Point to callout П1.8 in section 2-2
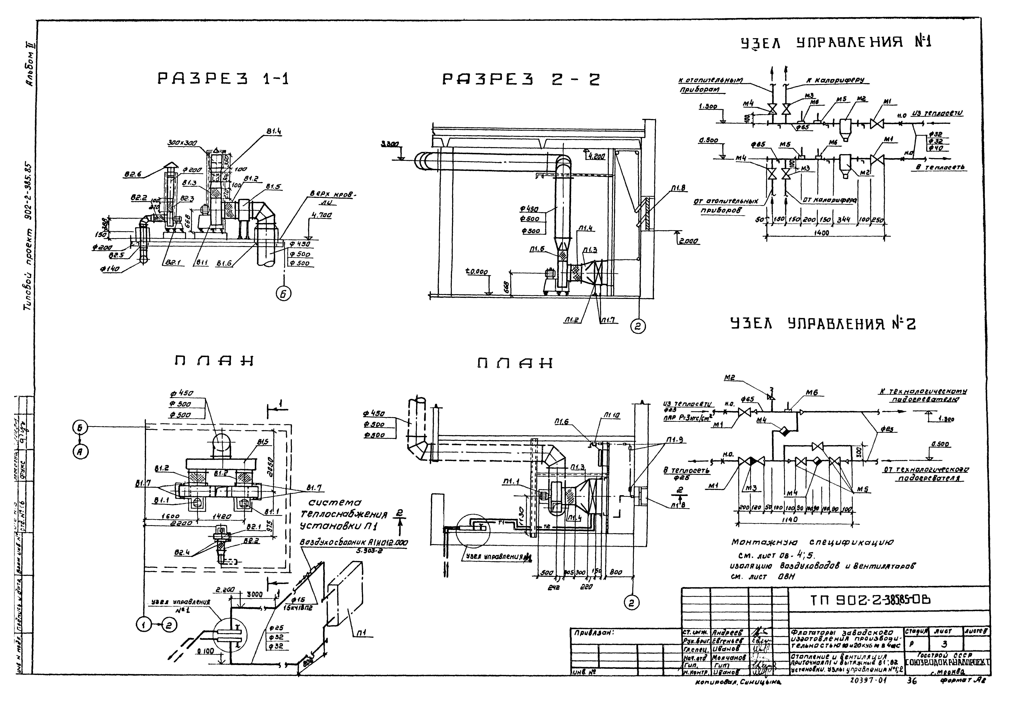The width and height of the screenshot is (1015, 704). click(x=679, y=188)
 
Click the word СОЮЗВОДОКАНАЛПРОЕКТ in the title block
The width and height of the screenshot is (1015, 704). click(x=946, y=662)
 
